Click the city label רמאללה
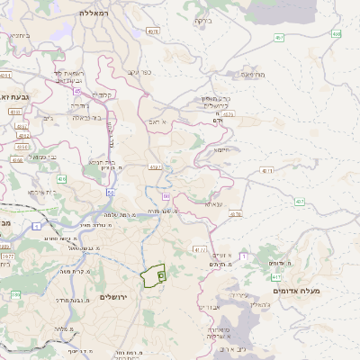(x=94, y=14)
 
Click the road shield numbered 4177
(x=200, y=248)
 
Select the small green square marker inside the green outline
(x=160, y=274)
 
